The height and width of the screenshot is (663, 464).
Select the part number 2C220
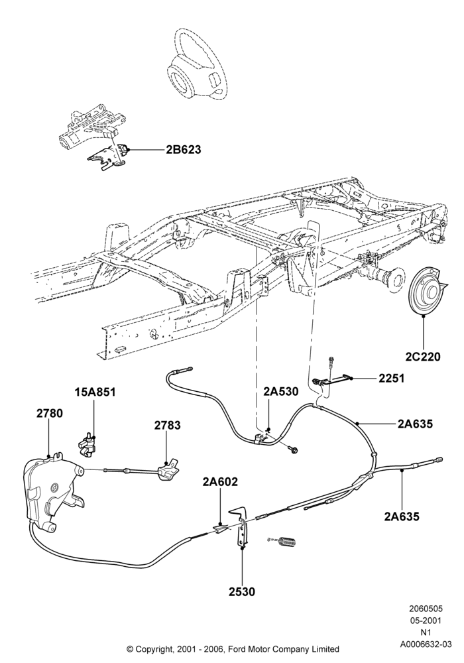(423, 357)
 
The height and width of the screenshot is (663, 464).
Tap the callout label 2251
(391, 378)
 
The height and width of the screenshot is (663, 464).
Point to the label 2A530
(280, 392)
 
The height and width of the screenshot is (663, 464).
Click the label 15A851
(95, 392)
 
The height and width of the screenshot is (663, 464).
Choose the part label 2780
(49, 413)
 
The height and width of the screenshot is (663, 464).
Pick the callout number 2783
(167, 426)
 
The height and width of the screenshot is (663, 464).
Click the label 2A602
(220, 481)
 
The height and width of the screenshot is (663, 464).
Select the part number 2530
(242, 591)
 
